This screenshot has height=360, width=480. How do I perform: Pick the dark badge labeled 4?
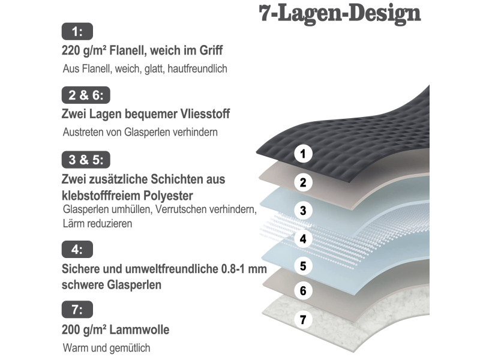click(77, 248)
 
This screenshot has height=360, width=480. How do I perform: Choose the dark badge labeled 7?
click(77, 310)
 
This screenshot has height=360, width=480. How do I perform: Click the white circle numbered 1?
click(304, 154)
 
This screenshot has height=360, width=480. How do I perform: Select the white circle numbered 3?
click(304, 210)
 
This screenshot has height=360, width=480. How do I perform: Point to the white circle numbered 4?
click(304, 239)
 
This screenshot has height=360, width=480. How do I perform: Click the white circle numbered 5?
click(304, 265)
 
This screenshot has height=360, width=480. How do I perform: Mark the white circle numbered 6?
click(304, 292)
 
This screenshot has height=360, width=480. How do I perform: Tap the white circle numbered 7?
click(304, 320)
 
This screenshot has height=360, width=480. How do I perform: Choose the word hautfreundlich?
click(199, 69)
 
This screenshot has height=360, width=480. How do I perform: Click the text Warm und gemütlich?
click(106, 347)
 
